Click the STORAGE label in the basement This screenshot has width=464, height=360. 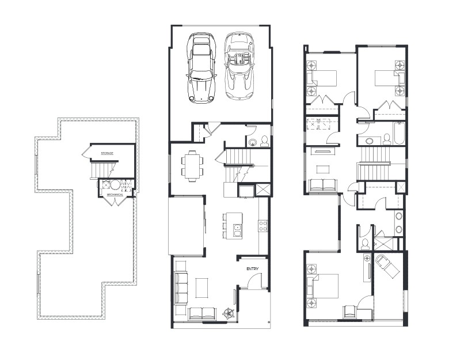107,153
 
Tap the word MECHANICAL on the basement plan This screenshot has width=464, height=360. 116,195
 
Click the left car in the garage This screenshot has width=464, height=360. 201,67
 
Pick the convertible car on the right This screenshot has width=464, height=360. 238,67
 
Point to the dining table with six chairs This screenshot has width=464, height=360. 192,163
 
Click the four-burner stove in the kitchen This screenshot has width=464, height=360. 263,225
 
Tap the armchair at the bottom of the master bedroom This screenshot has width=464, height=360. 350,312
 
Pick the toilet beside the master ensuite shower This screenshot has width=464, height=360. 364,244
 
